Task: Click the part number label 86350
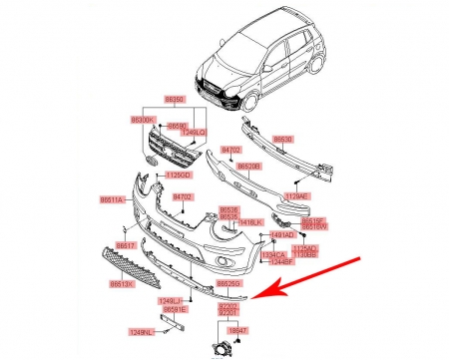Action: (175, 100)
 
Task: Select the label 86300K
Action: (147, 119)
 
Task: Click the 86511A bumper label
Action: (111, 200)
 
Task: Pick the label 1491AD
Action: (283, 234)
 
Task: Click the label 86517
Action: (125, 244)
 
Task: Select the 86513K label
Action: (122, 283)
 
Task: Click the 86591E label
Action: (178, 309)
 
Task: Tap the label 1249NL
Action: (141, 331)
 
